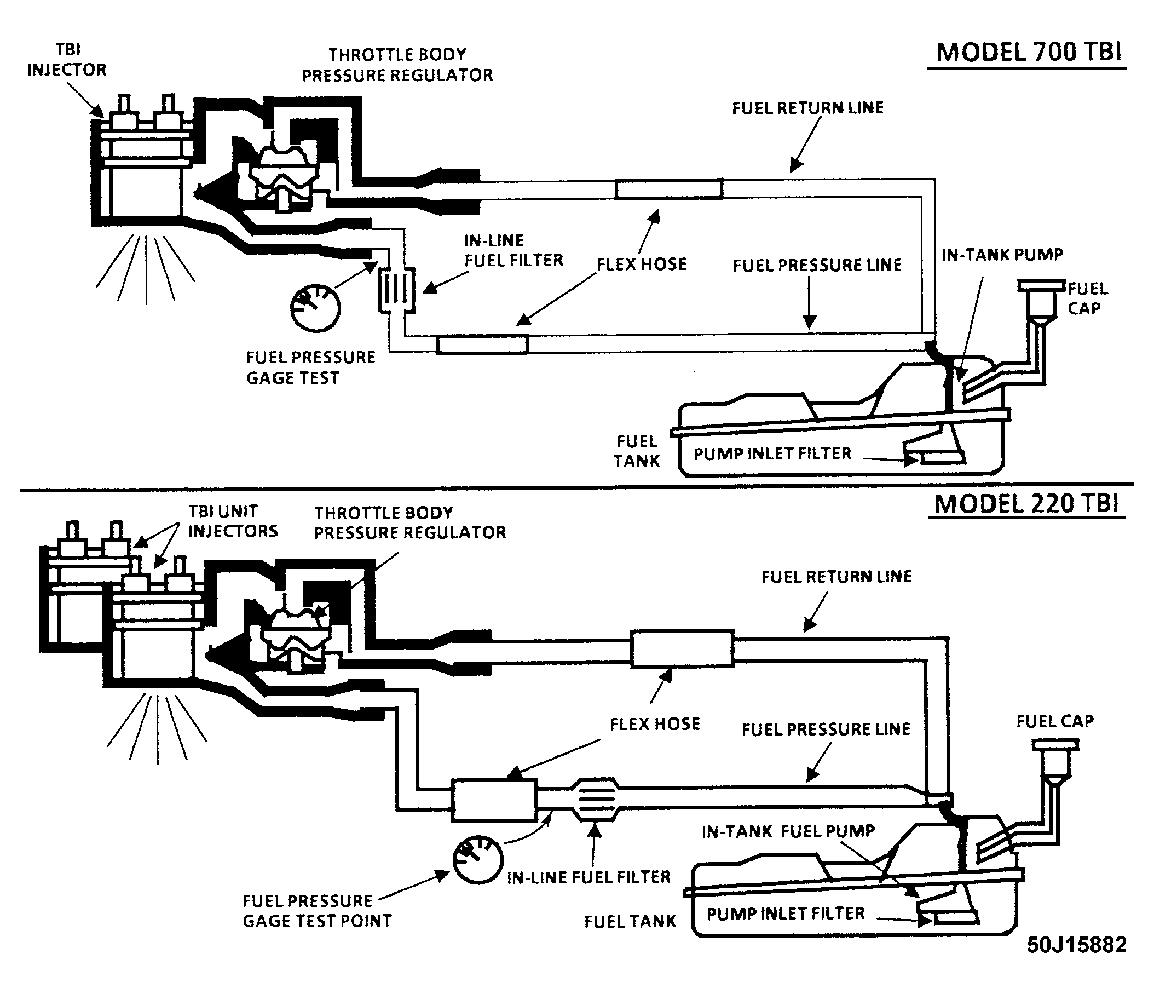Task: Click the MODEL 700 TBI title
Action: click(x=1029, y=53)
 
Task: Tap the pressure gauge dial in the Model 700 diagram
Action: click(x=315, y=308)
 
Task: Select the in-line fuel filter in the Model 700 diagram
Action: click(x=397, y=291)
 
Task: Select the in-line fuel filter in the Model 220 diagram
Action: click(x=596, y=800)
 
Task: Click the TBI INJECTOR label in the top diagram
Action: click(x=67, y=60)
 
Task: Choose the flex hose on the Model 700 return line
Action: click(x=669, y=189)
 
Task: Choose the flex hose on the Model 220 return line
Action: click(x=682, y=648)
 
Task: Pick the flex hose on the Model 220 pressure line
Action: click(x=494, y=800)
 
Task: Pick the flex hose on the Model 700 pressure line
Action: click(x=482, y=344)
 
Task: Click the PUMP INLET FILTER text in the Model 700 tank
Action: click(x=772, y=453)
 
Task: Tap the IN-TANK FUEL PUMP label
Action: click(x=788, y=831)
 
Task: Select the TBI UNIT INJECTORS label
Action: click(x=233, y=521)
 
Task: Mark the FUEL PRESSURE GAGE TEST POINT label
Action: click(x=317, y=911)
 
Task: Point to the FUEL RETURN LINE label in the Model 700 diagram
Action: click(x=807, y=108)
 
